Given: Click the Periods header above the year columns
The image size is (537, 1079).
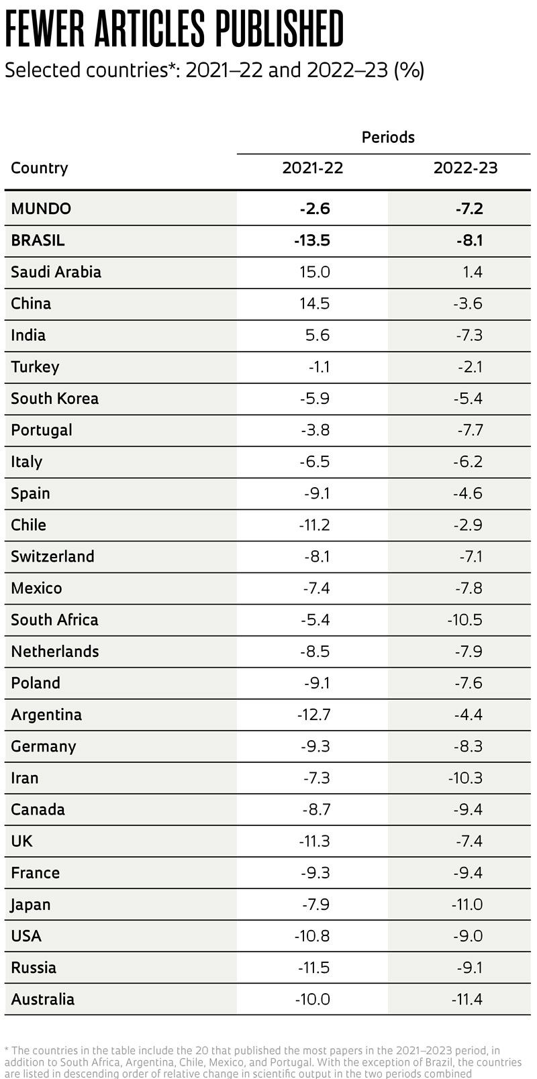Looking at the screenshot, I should [388, 137].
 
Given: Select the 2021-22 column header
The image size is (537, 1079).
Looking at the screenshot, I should [313, 168].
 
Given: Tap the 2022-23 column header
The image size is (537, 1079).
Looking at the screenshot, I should [465, 168].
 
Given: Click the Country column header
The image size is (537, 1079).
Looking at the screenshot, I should [40, 168].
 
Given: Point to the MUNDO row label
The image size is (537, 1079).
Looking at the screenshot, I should [41, 208].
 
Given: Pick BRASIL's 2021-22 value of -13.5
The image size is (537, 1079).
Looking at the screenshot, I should [312, 240].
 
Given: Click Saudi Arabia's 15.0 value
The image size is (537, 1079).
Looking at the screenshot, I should [315, 272].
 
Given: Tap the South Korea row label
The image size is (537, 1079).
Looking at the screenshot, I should [54, 398].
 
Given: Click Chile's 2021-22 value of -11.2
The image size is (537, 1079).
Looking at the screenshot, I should [314, 525].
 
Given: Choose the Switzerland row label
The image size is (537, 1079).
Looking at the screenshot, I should [52, 556].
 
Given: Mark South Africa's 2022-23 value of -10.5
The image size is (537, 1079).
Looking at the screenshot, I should [465, 619].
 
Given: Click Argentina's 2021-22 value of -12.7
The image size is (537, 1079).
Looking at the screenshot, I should [313, 714].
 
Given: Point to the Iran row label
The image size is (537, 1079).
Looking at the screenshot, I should [25, 778].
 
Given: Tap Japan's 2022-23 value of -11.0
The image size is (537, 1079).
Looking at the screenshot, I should [467, 904].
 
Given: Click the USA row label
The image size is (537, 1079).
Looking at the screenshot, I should [26, 935].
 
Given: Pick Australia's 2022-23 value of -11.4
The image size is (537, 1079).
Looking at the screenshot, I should [467, 998].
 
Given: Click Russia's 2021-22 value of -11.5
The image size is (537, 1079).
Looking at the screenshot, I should [313, 967].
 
